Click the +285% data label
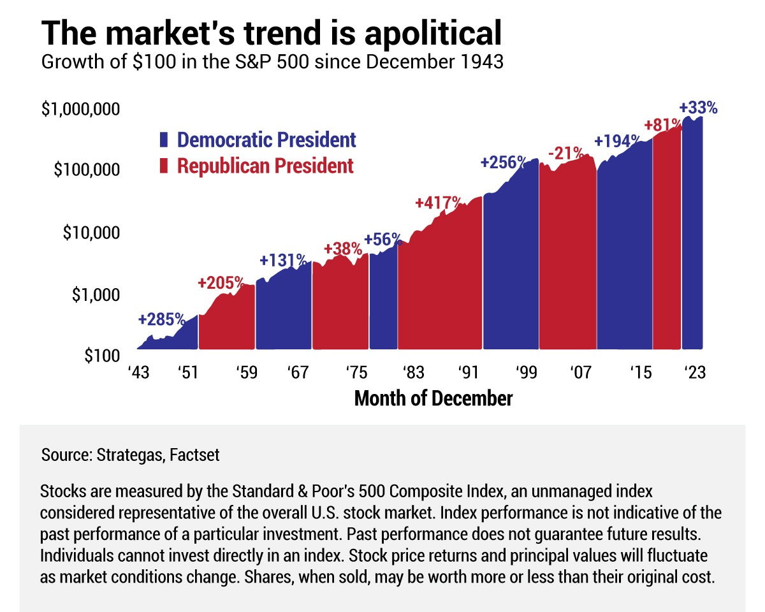[161, 319]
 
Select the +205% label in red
[221, 282]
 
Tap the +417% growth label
[439, 203]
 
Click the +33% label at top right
[698, 108]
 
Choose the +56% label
[383, 240]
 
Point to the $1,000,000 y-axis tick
[80, 109]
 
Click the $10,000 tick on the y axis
[91, 233]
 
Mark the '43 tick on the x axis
[138, 372]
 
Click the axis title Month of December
[433, 399]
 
